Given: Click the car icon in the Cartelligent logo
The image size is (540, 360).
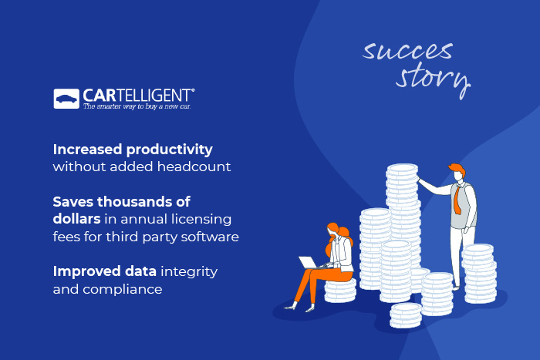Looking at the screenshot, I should pos(66,99).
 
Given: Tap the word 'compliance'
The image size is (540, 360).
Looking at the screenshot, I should pos(107,289).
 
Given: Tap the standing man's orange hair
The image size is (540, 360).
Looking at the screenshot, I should pos(455,169).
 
